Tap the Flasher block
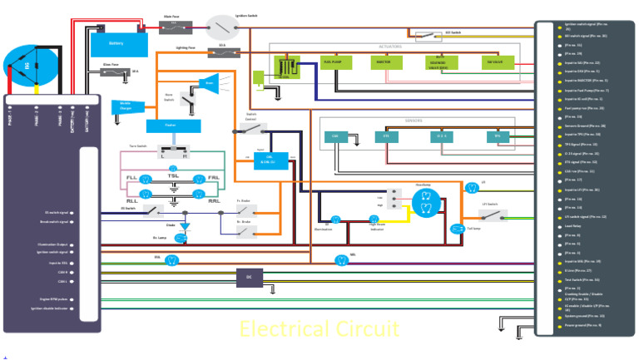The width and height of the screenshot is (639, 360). [173, 126]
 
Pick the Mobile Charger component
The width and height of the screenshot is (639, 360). [126, 106]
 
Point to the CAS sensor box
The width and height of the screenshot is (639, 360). [335, 136]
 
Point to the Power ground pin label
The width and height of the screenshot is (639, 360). [582, 325]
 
